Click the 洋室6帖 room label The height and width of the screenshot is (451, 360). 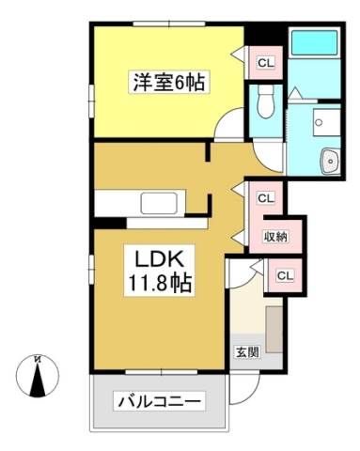(x=169, y=82)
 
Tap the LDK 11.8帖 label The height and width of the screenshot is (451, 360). (x=159, y=270)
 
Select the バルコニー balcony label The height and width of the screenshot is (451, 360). (x=159, y=401)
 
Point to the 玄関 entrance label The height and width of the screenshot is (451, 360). (x=247, y=352)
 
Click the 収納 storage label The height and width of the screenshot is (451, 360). (x=275, y=237)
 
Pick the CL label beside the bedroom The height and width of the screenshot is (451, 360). (x=266, y=63)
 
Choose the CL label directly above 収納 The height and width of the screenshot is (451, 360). (x=266, y=198)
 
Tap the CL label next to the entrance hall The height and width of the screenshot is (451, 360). (x=285, y=275)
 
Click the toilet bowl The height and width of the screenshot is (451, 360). (x=266, y=101)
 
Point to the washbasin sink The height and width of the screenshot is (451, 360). (x=330, y=160)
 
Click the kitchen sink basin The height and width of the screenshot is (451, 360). (x=159, y=203)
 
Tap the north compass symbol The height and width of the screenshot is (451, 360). (x=38, y=376)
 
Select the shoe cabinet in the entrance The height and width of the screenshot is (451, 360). (x=274, y=330)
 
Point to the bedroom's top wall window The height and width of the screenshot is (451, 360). (x=169, y=23)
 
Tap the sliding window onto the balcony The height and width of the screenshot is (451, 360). (x=162, y=372)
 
